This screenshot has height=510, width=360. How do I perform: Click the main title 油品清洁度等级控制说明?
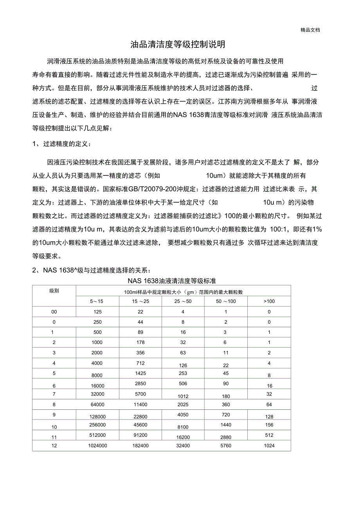178,45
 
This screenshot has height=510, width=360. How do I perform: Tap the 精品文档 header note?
310,30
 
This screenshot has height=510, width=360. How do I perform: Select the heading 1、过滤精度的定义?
62,144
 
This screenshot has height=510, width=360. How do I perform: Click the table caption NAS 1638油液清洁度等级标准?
172,281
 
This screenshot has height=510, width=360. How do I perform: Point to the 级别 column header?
54,291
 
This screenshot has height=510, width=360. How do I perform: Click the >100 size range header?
269,301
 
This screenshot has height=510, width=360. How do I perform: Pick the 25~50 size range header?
183,301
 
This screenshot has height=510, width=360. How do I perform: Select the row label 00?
54,312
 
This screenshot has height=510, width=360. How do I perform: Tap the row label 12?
54,445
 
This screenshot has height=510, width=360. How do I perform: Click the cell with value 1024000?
97,445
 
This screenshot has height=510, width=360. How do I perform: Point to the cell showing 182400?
140,445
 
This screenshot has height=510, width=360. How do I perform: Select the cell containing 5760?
226,445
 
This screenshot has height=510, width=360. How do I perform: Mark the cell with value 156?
269,425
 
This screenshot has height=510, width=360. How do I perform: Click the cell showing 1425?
140,373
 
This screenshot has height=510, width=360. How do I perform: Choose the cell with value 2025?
183,404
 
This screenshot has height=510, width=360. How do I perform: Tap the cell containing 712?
140,363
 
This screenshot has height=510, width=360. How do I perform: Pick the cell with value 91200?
140,435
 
